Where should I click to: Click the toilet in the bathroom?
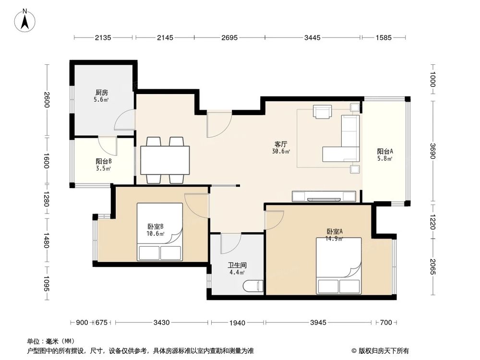pyautogui.click(x=253, y=286)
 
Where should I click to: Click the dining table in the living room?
pyautogui.click(x=165, y=160)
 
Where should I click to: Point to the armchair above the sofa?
pyautogui.click(x=322, y=111)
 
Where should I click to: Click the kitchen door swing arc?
pyautogui.click(x=123, y=119)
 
